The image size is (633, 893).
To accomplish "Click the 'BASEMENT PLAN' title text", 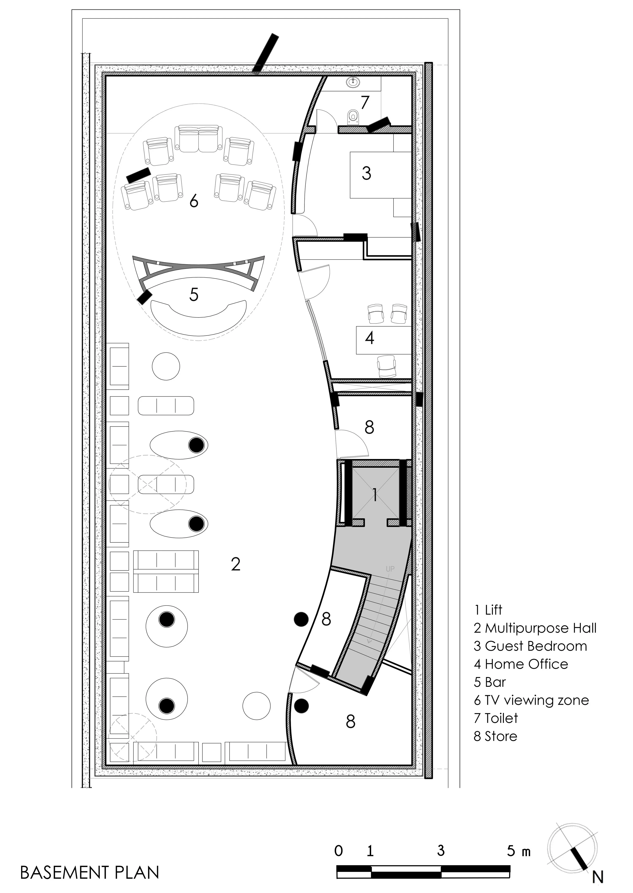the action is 90,872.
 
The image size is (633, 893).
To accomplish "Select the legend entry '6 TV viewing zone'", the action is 531,701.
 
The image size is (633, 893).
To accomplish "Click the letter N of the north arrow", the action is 598,877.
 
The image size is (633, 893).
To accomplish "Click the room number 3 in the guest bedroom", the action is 366,173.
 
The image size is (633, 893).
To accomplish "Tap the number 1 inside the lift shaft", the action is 375,495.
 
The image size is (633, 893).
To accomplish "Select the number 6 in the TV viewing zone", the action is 194,201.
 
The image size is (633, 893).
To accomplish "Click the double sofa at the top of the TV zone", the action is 198,139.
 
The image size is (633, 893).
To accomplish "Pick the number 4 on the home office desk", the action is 369,338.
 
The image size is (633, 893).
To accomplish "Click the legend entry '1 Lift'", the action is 488,610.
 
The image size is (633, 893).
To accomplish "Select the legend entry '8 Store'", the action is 495,736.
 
